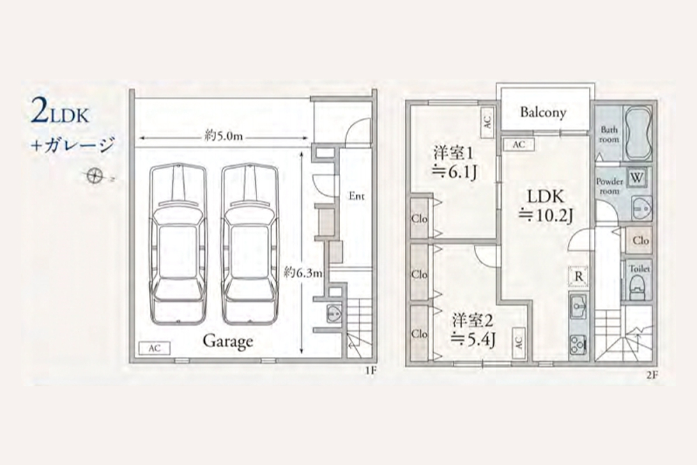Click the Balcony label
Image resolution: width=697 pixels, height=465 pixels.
543,112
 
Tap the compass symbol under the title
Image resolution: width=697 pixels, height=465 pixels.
94,176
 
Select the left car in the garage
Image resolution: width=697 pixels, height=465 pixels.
178,244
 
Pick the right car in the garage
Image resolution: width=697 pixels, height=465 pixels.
250,244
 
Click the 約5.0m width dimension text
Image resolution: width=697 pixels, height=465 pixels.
224,136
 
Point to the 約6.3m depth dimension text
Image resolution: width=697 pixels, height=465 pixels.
303,272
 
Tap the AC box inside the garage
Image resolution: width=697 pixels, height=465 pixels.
154,348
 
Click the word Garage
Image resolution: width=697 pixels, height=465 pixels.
228,342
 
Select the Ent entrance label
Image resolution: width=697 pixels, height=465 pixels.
356,196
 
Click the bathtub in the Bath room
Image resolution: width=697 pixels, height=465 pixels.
638,132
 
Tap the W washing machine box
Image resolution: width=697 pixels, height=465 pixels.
636,178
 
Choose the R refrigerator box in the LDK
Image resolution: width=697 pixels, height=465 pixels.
579,277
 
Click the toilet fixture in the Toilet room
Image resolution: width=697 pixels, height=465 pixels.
638,287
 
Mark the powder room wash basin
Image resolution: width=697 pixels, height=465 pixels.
641,208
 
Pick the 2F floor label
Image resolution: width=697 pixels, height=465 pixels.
652,375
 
